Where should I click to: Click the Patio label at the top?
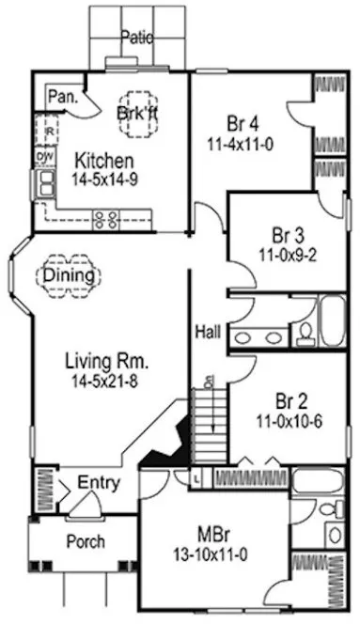click(x=136, y=37)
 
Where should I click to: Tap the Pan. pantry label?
click(x=63, y=95)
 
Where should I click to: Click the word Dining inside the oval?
click(x=70, y=275)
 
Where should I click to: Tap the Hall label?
click(x=209, y=332)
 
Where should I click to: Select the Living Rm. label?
click(x=108, y=360)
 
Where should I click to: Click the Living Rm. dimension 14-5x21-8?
click(x=108, y=380)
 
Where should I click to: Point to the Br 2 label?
click(x=293, y=398)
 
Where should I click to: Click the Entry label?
click(x=99, y=483)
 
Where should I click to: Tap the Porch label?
click(x=86, y=542)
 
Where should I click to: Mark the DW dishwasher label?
click(x=43, y=155)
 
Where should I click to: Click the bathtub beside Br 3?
click(x=335, y=323)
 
